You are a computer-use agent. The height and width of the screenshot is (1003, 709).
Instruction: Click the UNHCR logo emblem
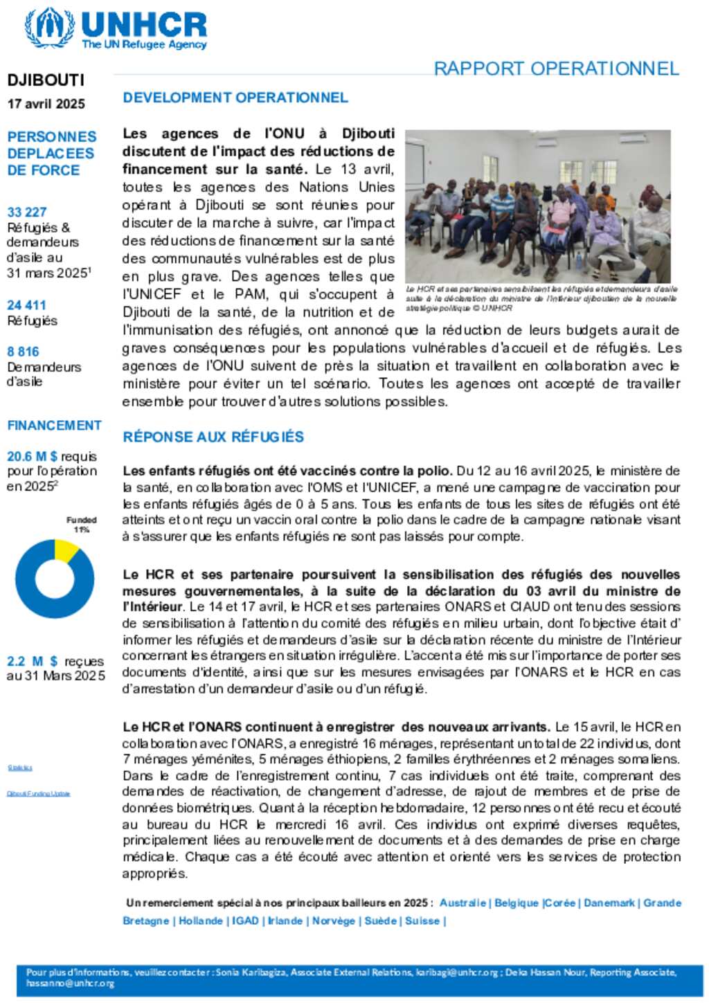tap(49, 28)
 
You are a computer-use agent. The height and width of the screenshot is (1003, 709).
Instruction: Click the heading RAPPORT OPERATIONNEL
tap(556, 69)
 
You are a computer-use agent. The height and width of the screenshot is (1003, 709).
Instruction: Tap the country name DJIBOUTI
tap(46, 80)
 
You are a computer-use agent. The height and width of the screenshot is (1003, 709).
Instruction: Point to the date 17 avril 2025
tap(46, 104)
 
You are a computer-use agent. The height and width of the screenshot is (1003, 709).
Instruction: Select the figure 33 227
tap(27, 212)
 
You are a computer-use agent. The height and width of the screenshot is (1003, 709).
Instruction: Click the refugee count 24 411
tap(27, 305)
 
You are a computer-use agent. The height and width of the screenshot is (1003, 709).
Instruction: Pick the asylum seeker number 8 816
tap(24, 352)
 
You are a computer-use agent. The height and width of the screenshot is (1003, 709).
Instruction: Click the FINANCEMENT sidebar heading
tap(54, 425)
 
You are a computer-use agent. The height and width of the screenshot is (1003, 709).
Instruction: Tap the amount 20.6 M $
tap(33, 457)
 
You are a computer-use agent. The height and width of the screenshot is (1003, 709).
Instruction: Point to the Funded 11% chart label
tap(82, 524)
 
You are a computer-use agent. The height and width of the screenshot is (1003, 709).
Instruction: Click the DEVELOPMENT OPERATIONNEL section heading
tap(235, 98)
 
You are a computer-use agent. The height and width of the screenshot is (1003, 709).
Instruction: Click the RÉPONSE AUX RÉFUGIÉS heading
tap(213, 437)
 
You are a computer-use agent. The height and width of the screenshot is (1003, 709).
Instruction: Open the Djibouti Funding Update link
tap(39, 793)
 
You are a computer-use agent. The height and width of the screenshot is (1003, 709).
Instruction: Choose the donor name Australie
tap(463, 903)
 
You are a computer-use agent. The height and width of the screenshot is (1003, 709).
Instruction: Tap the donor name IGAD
tap(245, 921)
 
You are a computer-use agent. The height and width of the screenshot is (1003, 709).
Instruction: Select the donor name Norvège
tap(333, 921)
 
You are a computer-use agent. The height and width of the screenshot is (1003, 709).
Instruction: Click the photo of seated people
tap(538, 206)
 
